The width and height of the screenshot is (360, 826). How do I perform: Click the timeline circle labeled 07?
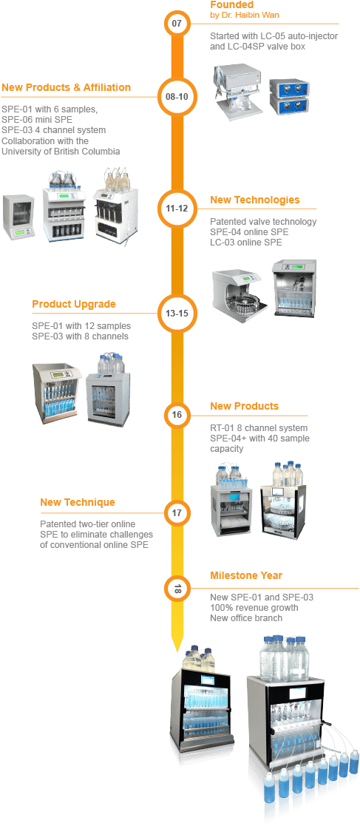pyautogui.click(x=177, y=24)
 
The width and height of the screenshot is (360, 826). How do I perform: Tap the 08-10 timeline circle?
pyautogui.click(x=177, y=97)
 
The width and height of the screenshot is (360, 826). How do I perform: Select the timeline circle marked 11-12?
pyautogui.click(x=177, y=208)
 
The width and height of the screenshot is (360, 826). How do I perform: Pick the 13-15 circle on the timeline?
pyautogui.click(x=177, y=313)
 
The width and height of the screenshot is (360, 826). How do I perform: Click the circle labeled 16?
pyautogui.click(x=177, y=415)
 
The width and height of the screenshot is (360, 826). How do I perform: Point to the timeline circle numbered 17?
pyautogui.click(x=177, y=512)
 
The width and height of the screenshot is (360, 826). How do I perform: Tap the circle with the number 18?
pyautogui.click(x=177, y=589)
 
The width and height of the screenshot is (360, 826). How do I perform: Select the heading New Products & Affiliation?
pyautogui.click(x=67, y=87)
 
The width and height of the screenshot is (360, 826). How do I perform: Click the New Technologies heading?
pyautogui.click(x=255, y=200)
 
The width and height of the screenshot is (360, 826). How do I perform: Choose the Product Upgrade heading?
pyautogui.click(x=74, y=305)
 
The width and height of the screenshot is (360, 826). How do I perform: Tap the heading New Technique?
pyautogui.click(x=78, y=503)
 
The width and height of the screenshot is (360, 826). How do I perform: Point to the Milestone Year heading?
pyautogui.click(x=245, y=575)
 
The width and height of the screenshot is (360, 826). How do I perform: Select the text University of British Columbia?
pyautogui.click(x=61, y=152)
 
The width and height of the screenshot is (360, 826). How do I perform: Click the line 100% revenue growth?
pyautogui.click(x=254, y=607)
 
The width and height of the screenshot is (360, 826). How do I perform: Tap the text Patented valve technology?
pyautogui.click(x=263, y=222)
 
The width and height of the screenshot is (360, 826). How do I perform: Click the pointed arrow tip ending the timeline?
pyautogui.click(x=177, y=649)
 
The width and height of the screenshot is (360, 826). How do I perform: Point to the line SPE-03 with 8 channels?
pyautogui.click(x=80, y=336)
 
